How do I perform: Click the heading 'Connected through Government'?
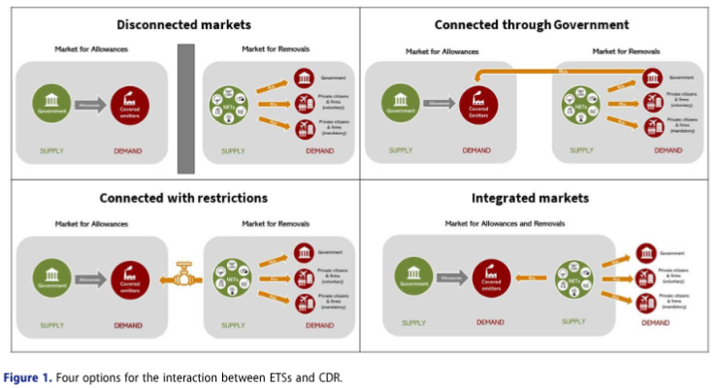pos(532,24)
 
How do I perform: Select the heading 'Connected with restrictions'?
pos(183,198)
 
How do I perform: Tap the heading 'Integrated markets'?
pos(530,198)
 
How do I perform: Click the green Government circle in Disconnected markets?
pos(51,102)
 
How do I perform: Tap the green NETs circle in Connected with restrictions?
pos(234,278)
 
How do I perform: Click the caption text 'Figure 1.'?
pos(27,377)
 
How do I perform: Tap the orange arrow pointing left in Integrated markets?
pos(532,278)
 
